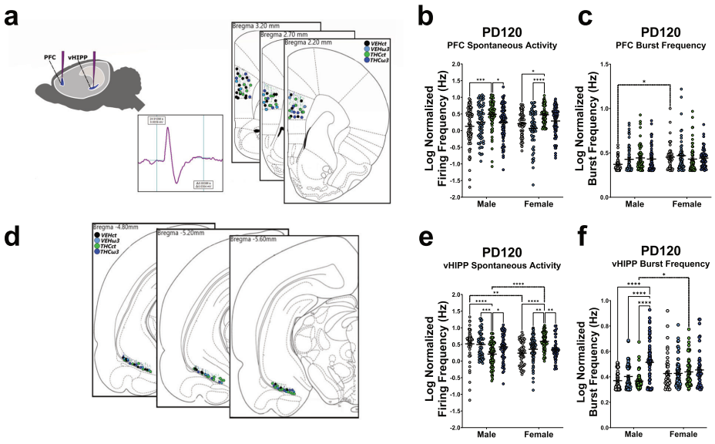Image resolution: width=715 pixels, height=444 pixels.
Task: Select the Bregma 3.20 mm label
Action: [253, 25]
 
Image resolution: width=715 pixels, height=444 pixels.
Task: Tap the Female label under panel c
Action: [682, 205]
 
